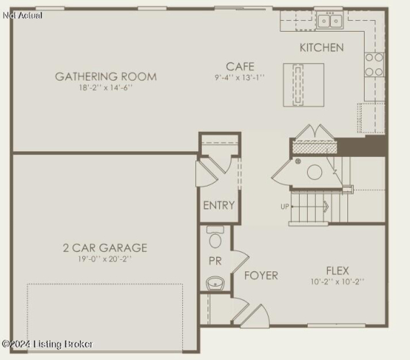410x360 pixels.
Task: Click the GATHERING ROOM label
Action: coord(106,76)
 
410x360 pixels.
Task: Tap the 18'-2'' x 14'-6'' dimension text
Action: coord(106,88)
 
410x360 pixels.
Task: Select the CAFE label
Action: coord(240,67)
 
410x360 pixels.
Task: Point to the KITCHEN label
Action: coord(321,48)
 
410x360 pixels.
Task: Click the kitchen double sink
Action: coord(330,20)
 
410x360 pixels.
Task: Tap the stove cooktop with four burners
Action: coord(374,65)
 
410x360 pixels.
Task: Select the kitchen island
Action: coord(303,85)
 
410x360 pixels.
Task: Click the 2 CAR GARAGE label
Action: coord(105,248)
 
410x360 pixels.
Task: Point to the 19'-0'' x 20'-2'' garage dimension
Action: coord(105,259)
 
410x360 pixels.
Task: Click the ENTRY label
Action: coord(219,205)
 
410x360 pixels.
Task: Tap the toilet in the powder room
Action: coord(215,237)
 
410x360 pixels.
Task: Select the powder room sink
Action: coord(215,283)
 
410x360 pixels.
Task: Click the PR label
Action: coord(215,261)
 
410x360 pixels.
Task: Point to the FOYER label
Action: coord(261,276)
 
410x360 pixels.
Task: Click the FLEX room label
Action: coord(337,271)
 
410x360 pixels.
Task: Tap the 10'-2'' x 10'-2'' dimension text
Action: coord(337,282)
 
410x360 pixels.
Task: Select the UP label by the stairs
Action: coord(285,207)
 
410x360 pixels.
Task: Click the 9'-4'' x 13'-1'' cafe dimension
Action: coord(240,78)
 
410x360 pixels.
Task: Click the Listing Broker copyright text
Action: coord(48,344)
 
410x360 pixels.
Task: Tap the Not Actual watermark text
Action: coord(22,15)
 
